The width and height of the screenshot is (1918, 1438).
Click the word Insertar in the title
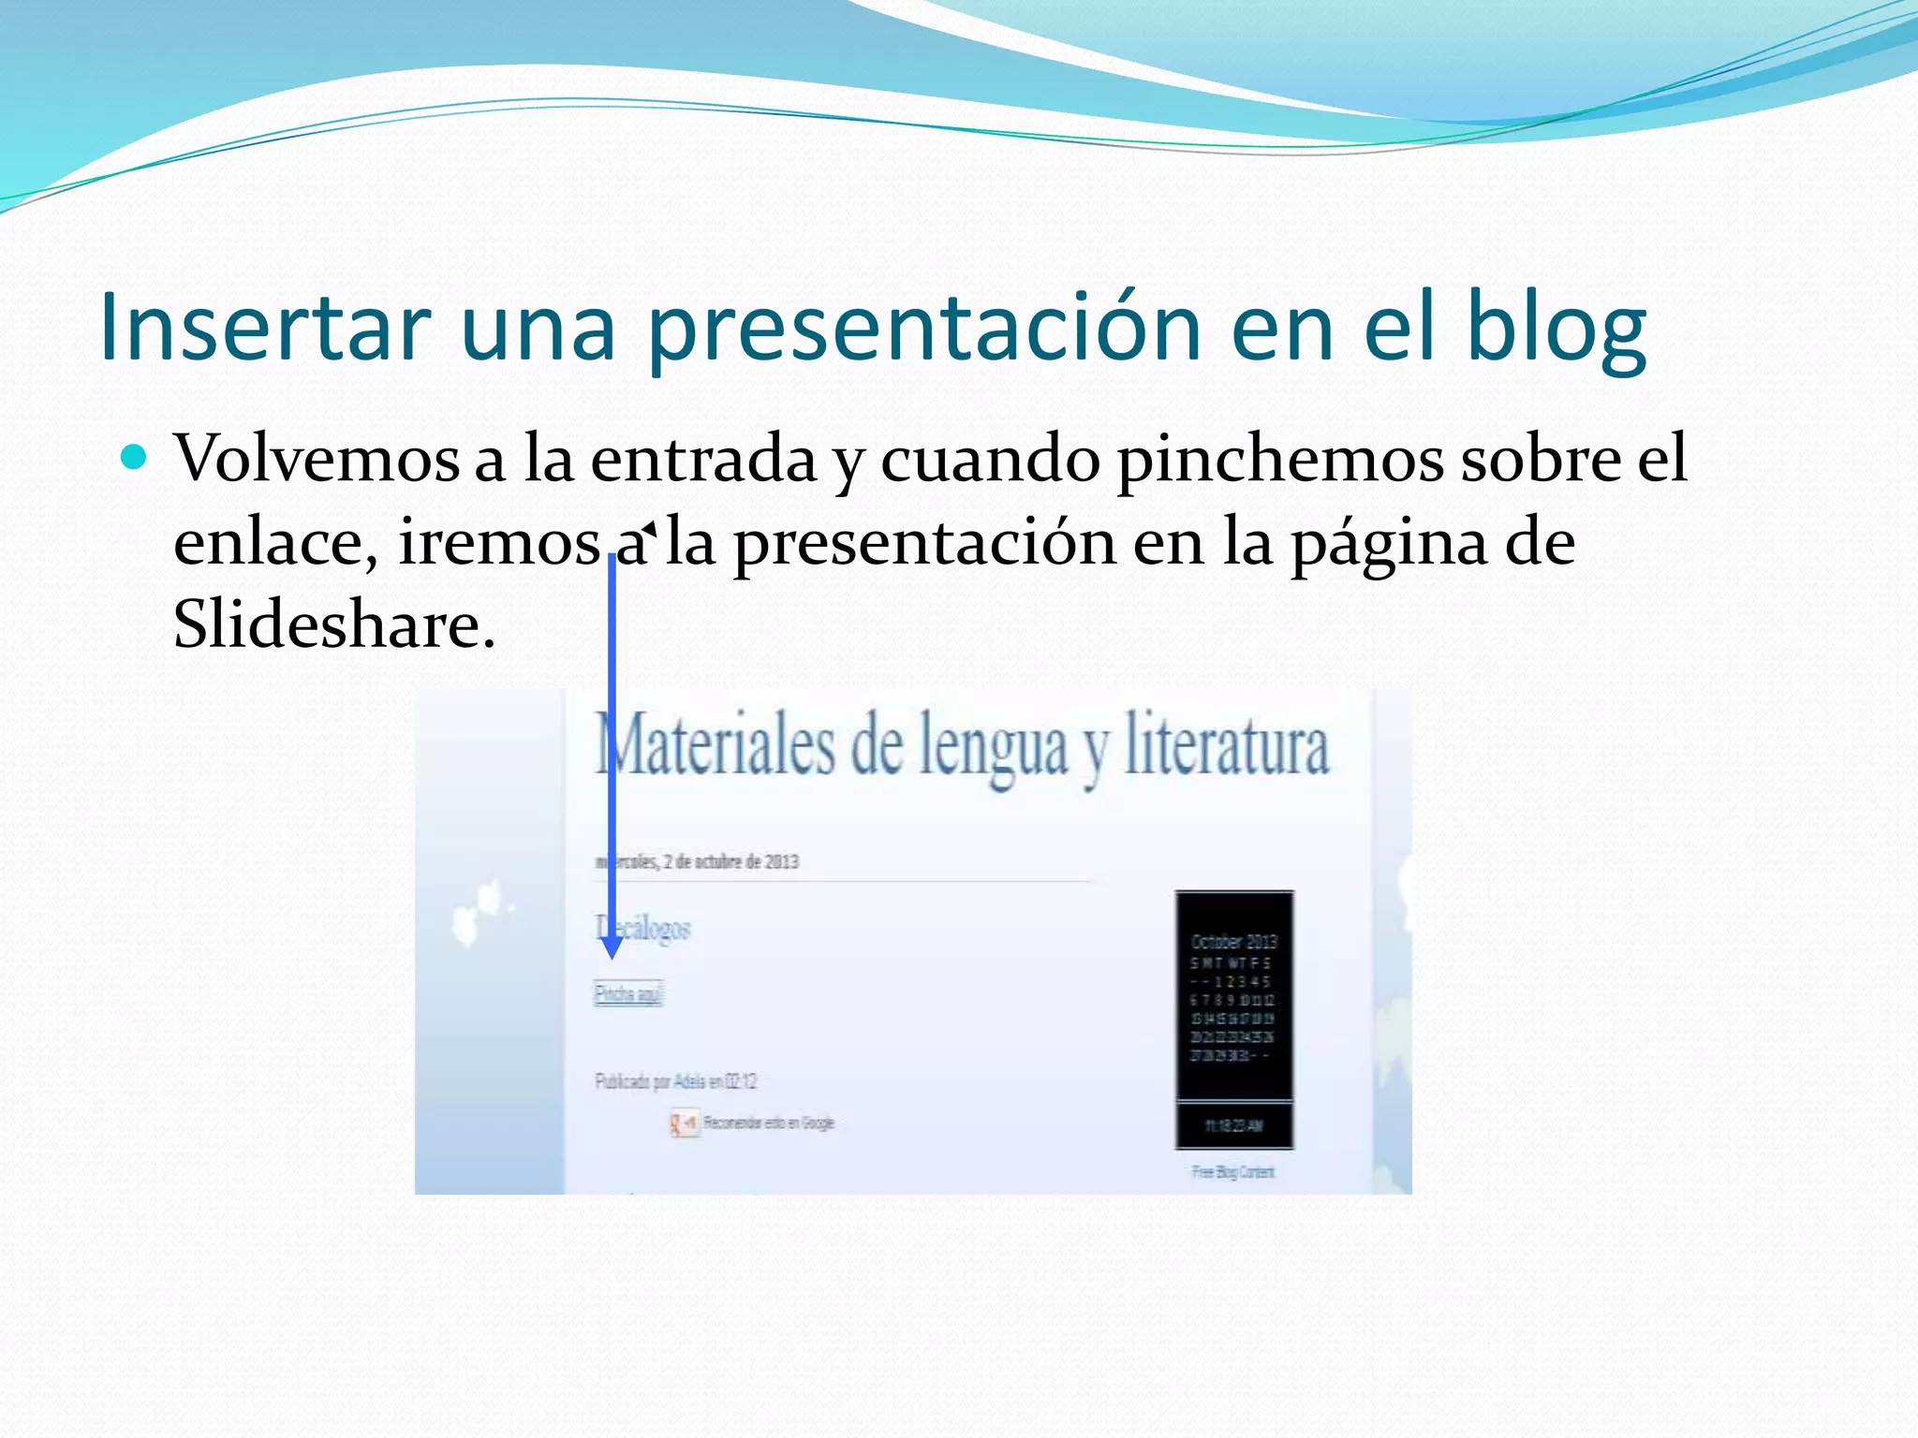click(264, 326)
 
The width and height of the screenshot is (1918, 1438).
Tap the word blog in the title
click(1555, 326)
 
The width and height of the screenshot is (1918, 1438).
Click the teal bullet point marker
click(135, 458)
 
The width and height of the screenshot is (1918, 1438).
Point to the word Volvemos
click(317, 459)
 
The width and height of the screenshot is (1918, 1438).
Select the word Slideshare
click(332, 624)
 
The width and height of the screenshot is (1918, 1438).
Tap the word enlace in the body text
click(274, 542)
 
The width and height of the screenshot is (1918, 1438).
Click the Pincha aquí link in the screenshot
click(628, 993)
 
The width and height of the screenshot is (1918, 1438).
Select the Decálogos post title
click(644, 928)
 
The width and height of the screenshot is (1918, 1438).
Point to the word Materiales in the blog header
click(716, 747)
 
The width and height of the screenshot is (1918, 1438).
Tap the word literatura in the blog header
click(1226, 747)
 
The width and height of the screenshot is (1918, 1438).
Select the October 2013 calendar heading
click(1233, 941)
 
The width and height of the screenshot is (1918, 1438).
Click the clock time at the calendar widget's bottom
click(1234, 1125)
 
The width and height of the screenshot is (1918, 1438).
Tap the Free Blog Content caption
click(1232, 1171)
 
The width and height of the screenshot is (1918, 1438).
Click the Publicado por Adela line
click(675, 1081)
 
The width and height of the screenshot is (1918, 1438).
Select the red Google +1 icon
click(684, 1123)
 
